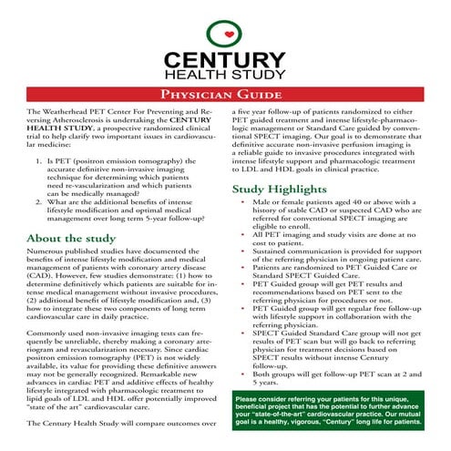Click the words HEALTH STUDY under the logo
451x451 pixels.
coord(225,73)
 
